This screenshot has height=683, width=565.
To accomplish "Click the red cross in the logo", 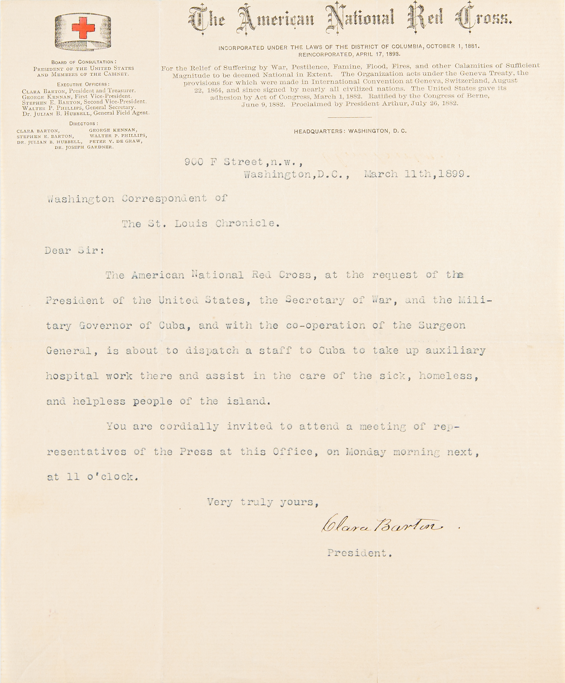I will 83,28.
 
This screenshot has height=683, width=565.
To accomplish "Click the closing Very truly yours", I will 263,502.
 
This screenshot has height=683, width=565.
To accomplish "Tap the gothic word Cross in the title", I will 484,19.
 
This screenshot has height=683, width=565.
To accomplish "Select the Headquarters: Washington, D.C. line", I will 350,131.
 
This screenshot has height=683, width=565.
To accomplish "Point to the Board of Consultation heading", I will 84,62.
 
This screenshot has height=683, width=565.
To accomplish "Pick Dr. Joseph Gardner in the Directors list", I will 84,147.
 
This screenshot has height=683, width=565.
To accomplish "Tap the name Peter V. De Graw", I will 116,141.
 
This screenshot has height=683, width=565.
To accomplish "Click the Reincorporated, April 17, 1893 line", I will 349,54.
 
